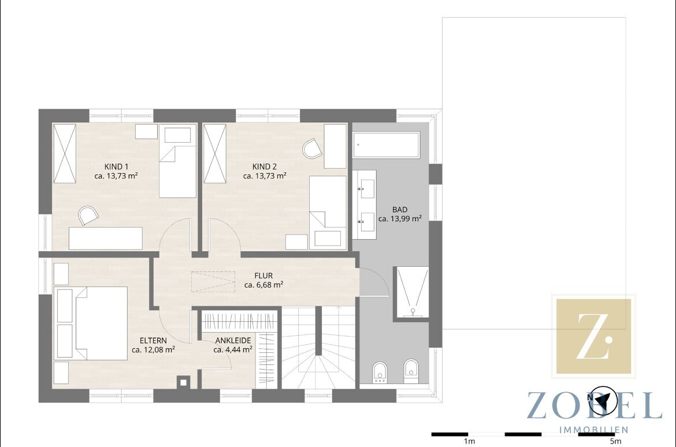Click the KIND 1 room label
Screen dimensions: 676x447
[116, 167]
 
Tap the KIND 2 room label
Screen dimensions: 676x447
[265, 167]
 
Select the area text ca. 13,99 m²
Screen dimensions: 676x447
[400, 218]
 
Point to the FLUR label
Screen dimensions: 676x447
[263, 275]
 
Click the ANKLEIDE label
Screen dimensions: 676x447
[233, 341]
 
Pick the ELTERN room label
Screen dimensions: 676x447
[153, 341]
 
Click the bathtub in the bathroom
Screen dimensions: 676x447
[387, 145]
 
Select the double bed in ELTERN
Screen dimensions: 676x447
[101, 323]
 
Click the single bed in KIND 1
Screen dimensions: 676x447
[177, 161]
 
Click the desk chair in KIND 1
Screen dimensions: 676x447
[88, 215]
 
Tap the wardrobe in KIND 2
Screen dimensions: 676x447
[215, 154]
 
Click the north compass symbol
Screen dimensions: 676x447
[603, 400]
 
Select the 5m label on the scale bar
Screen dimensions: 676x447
[616, 441]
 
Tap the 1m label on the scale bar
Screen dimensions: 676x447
[469, 441]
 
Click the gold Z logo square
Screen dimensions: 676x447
[593, 336]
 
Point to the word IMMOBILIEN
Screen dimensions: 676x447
[593, 430]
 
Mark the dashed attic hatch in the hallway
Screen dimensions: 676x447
[213, 281]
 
